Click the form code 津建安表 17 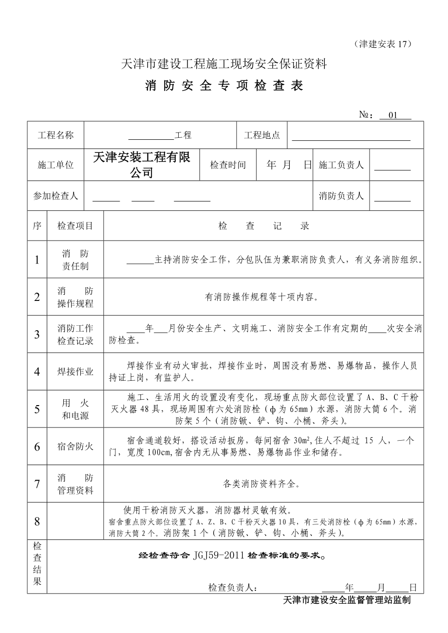383,44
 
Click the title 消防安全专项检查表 224,86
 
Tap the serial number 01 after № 394,115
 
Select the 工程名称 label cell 56,135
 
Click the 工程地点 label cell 262,135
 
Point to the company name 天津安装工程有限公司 142,165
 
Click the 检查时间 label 228,165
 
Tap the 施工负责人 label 341,165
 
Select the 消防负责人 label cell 341,196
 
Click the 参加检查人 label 56,196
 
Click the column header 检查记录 263,226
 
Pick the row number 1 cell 37,260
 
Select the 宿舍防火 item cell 75,447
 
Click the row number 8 37,521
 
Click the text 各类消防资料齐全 263,484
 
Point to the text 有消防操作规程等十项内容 263,297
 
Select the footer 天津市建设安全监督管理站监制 347,600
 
